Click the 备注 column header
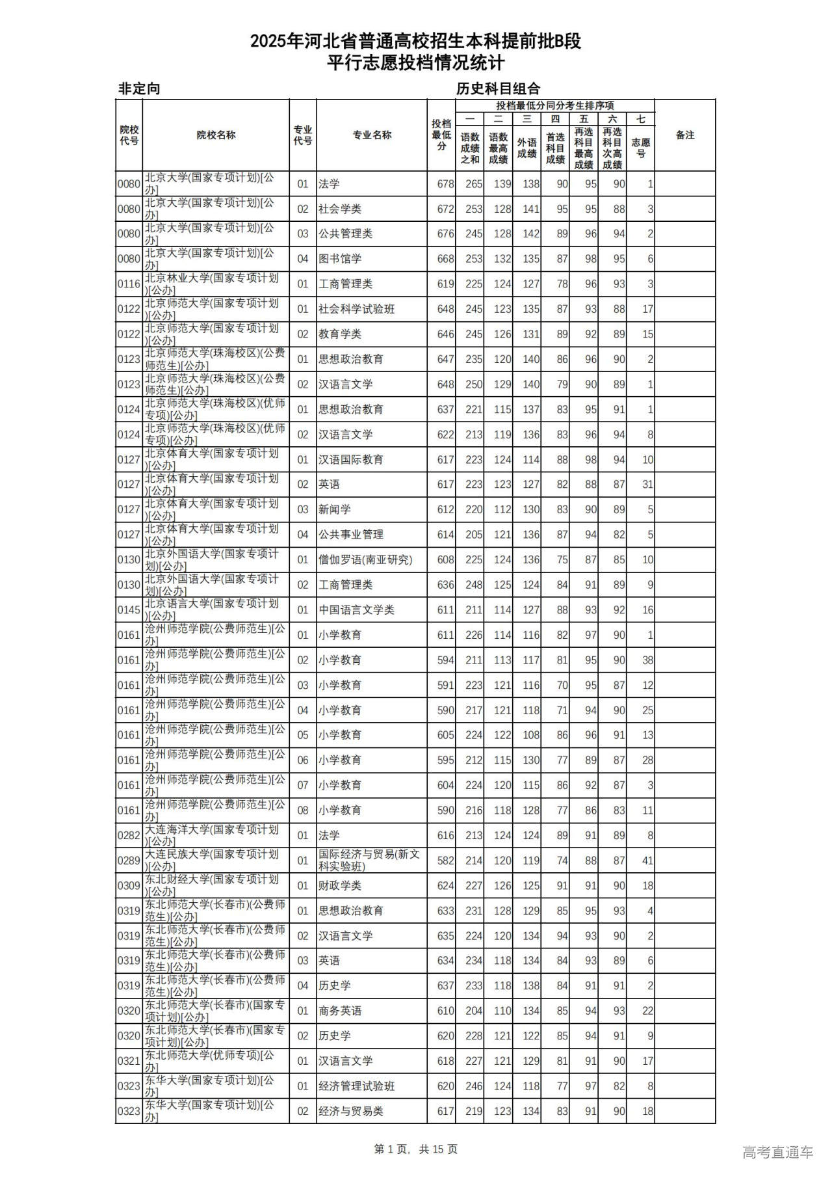[684, 135]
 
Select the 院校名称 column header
[216, 135]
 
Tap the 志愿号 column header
[640, 148]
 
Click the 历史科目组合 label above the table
[498, 89]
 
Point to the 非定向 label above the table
[139, 89]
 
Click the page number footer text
[416, 1149]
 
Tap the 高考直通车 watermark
[777, 1152]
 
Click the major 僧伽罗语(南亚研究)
[365, 559]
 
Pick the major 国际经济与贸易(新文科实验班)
[369, 860]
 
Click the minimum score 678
[445, 184]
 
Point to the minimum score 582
[445, 861]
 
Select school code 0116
[129, 284]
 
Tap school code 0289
[129, 861]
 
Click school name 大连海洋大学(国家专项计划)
[212, 835]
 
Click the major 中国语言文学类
[356, 610]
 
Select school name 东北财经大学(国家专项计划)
[212, 885]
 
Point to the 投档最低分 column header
[441, 135]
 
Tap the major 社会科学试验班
[356, 309]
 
